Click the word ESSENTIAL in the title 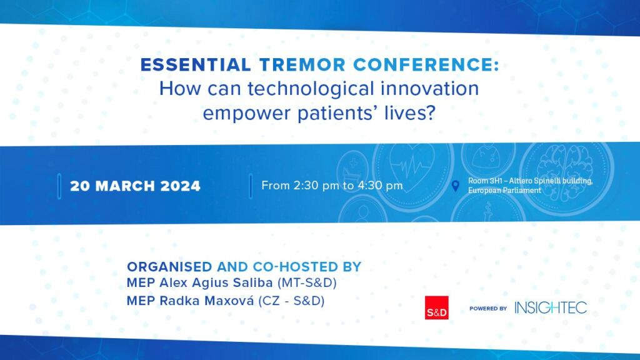195,65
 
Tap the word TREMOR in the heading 302,65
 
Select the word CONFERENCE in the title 423,65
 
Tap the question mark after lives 430,112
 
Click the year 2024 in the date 181,186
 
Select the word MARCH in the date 125,186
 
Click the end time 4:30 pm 381,186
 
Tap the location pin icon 456,186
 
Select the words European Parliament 504,191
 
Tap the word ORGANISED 169,267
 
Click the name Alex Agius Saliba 216,282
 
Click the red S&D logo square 437,307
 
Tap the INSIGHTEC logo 551,307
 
